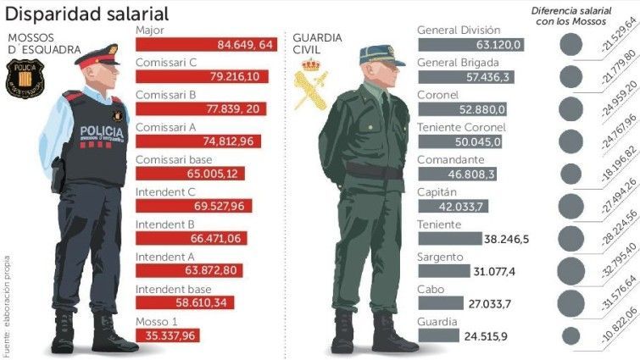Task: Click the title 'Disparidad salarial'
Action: pos(87,14)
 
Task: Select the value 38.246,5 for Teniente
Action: pos(506,240)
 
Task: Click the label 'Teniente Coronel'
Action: pos(462,127)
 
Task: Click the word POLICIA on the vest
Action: pos(102,132)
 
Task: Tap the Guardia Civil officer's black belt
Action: pos(374,171)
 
